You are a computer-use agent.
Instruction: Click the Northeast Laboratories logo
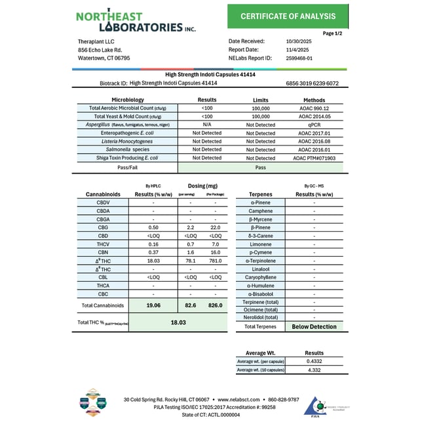point(135,21)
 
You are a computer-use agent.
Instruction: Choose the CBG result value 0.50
point(153,227)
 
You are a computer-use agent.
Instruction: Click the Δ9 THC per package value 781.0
point(215,260)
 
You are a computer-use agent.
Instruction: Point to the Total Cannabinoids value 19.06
point(153,305)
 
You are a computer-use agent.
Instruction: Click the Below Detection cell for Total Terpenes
point(314,326)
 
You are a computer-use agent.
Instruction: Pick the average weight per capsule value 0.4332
point(314,361)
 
